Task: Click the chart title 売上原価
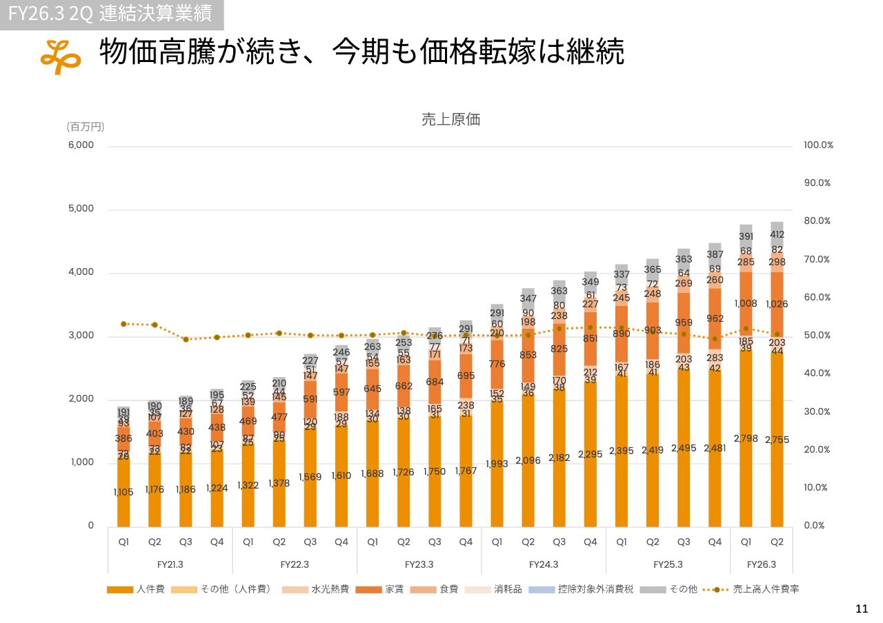pyautogui.click(x=450, y=119)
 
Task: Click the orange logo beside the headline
pyautogui.click(x=61, y=56)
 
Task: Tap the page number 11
pyautogui.click(x=861, y=609)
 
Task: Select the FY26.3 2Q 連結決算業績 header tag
pyautogui.click(x=111, y=14)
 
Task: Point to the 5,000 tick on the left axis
pyautogui.click(x=81, y=209)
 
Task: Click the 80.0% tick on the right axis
pyautogui.click(x=817, y=221)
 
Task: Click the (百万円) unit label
pyautogui.click(x=86, y=127)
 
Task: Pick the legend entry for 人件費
pyautogui.click(x=136, y=589)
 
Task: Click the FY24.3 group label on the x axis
pyautogui.click(x=544, y=564)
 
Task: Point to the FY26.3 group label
pyautogui.click(x=761, y=564)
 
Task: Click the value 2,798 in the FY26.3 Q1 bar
pyautogui.click(x=746, y=438)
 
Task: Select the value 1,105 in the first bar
pyautogui.click(x=123, y=492)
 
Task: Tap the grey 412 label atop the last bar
pyautogui.click(x=777, y=234)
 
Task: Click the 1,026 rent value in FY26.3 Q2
pyautogui.click(x=777, y=304)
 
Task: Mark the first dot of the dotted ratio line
pyautogui.click(x=123, y=324)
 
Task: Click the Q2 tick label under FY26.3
pyautogui.click(x=777, y=542)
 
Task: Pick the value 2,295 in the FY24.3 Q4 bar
pyautogui.click(x=591, y=454)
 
